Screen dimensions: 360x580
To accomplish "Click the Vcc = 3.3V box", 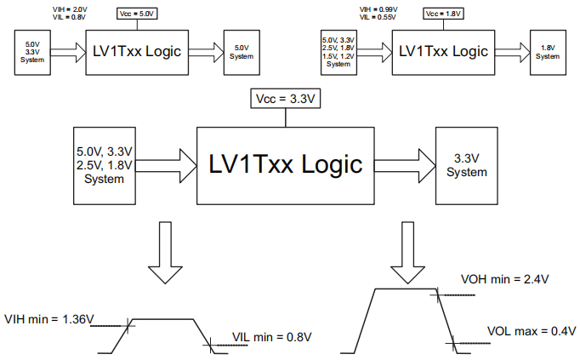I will pos(285,99).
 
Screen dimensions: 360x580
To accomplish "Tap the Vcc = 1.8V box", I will pos(442,14).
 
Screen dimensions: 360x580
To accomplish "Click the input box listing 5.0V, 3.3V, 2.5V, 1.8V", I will pos(104,164).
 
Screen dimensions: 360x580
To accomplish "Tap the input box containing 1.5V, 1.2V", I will pos(338,51).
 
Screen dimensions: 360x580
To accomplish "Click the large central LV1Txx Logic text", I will pos(285,163).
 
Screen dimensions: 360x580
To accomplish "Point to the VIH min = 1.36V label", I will pos(48,319).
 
